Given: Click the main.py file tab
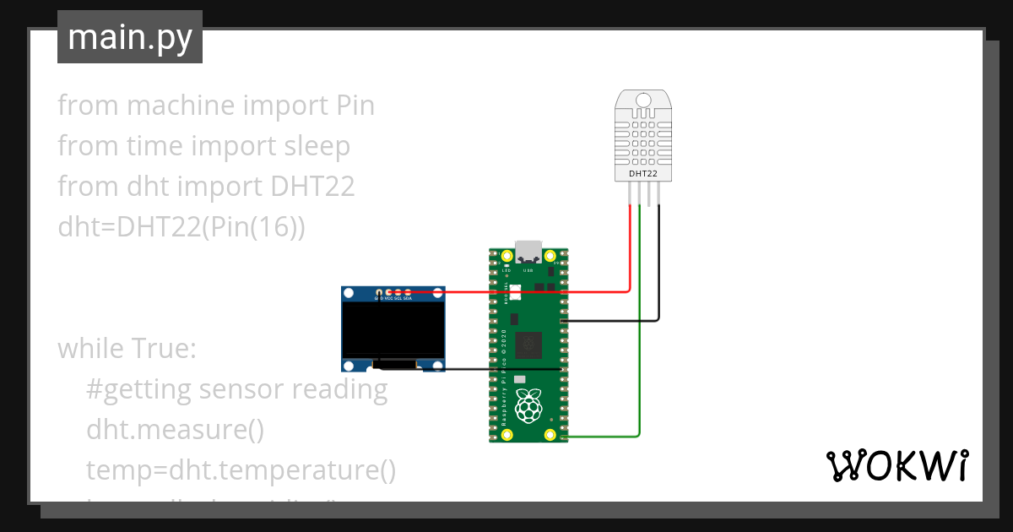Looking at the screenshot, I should [x=129, y=37].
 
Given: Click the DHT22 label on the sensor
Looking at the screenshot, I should [x=643, y=173].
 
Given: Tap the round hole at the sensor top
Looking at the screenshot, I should [x=643, y=101].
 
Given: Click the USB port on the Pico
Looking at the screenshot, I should [x=529, y=251].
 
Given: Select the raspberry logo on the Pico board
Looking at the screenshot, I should [x=529, y=407].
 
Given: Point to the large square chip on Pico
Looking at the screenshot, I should [x=529, y=343].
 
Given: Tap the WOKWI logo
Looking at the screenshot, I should [x=896, y=465].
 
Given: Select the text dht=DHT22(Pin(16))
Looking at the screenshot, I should [x=181, y=226].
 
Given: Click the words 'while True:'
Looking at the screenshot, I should [x=127, y=348].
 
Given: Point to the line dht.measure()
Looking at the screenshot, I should [x=175, y=429].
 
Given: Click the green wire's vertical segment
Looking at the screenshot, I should [x=641, y=338].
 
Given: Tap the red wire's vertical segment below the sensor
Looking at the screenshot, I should [x=630, y=249].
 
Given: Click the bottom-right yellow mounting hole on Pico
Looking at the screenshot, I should [x=550, y=435].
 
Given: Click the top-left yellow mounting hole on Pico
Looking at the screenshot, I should [x=507, y=256].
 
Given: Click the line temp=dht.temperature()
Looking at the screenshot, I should [x=241, y=470].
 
